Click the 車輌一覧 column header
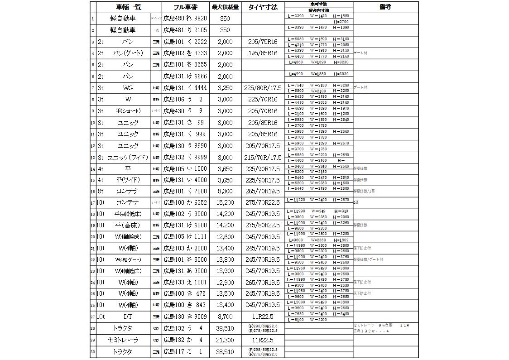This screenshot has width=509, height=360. [129, 7]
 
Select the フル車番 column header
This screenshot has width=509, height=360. [186, 7]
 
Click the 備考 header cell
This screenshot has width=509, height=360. [385, 7]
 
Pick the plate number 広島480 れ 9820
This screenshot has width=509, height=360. [185, 19]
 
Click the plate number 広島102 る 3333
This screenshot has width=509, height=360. [185, 53]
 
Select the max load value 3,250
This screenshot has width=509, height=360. [225, 88]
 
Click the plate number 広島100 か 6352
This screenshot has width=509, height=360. [185, 202]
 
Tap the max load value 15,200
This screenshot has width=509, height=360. [225, 202]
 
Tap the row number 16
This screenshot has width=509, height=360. [93, 192]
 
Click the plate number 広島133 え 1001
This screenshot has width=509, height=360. [185, 283]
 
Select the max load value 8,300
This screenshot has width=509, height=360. [225, 192]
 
